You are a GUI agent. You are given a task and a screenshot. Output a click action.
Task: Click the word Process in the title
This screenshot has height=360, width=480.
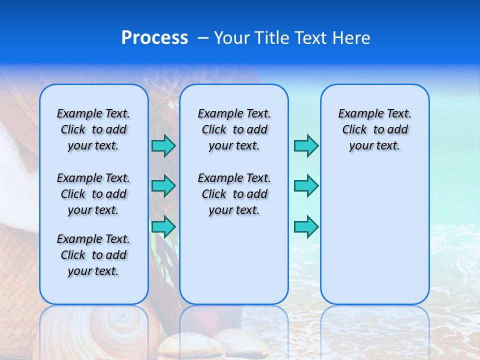coord(154,38)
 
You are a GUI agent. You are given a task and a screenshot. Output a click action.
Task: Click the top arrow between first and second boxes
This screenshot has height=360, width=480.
coord(163,145)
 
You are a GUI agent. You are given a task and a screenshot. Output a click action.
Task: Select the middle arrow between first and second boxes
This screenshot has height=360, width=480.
coord(163,186)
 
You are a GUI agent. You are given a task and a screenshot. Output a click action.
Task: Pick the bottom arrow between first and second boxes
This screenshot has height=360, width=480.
coord(163,226)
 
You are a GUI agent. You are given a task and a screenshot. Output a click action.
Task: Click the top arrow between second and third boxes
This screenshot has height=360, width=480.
coord(306,145)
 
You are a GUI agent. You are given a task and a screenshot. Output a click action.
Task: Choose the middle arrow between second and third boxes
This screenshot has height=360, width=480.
coord(306,186)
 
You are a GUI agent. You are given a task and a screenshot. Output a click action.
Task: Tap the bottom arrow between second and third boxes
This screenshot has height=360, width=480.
coord(306,226)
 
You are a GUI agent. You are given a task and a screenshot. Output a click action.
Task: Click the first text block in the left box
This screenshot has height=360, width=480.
coord(93,129)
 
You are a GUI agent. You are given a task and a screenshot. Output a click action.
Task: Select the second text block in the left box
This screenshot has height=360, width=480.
coord(93,194)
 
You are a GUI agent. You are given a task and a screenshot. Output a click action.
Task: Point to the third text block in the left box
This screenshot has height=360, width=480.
coord(93,255)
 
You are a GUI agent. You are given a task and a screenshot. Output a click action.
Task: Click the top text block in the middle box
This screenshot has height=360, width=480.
coord(234,129)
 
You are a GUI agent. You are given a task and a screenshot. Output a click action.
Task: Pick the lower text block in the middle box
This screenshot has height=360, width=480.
coord(234,194)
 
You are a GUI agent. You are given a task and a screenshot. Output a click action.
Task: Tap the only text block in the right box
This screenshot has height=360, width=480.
coord(374,129)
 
